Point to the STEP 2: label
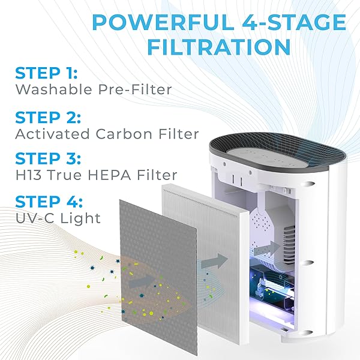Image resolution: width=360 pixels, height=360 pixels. click(45, 116)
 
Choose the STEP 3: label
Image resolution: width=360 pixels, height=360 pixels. click(45, 159)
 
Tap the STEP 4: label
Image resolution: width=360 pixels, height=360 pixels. click(45, 200)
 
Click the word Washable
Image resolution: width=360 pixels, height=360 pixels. click(49, 90)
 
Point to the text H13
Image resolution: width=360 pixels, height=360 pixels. click(28, 175)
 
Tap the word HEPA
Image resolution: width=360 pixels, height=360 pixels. click(103, 175)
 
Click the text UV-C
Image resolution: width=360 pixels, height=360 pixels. click(34, 217)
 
